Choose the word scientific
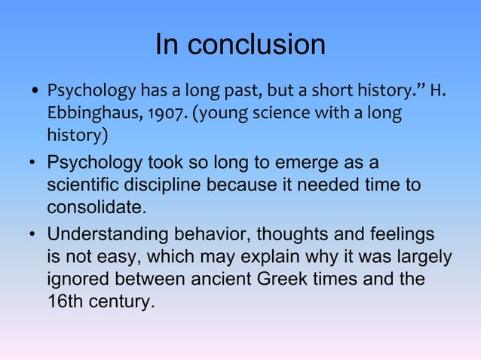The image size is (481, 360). (87, 185)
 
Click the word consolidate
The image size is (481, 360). (95, 206)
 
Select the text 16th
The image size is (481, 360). (66, 301)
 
